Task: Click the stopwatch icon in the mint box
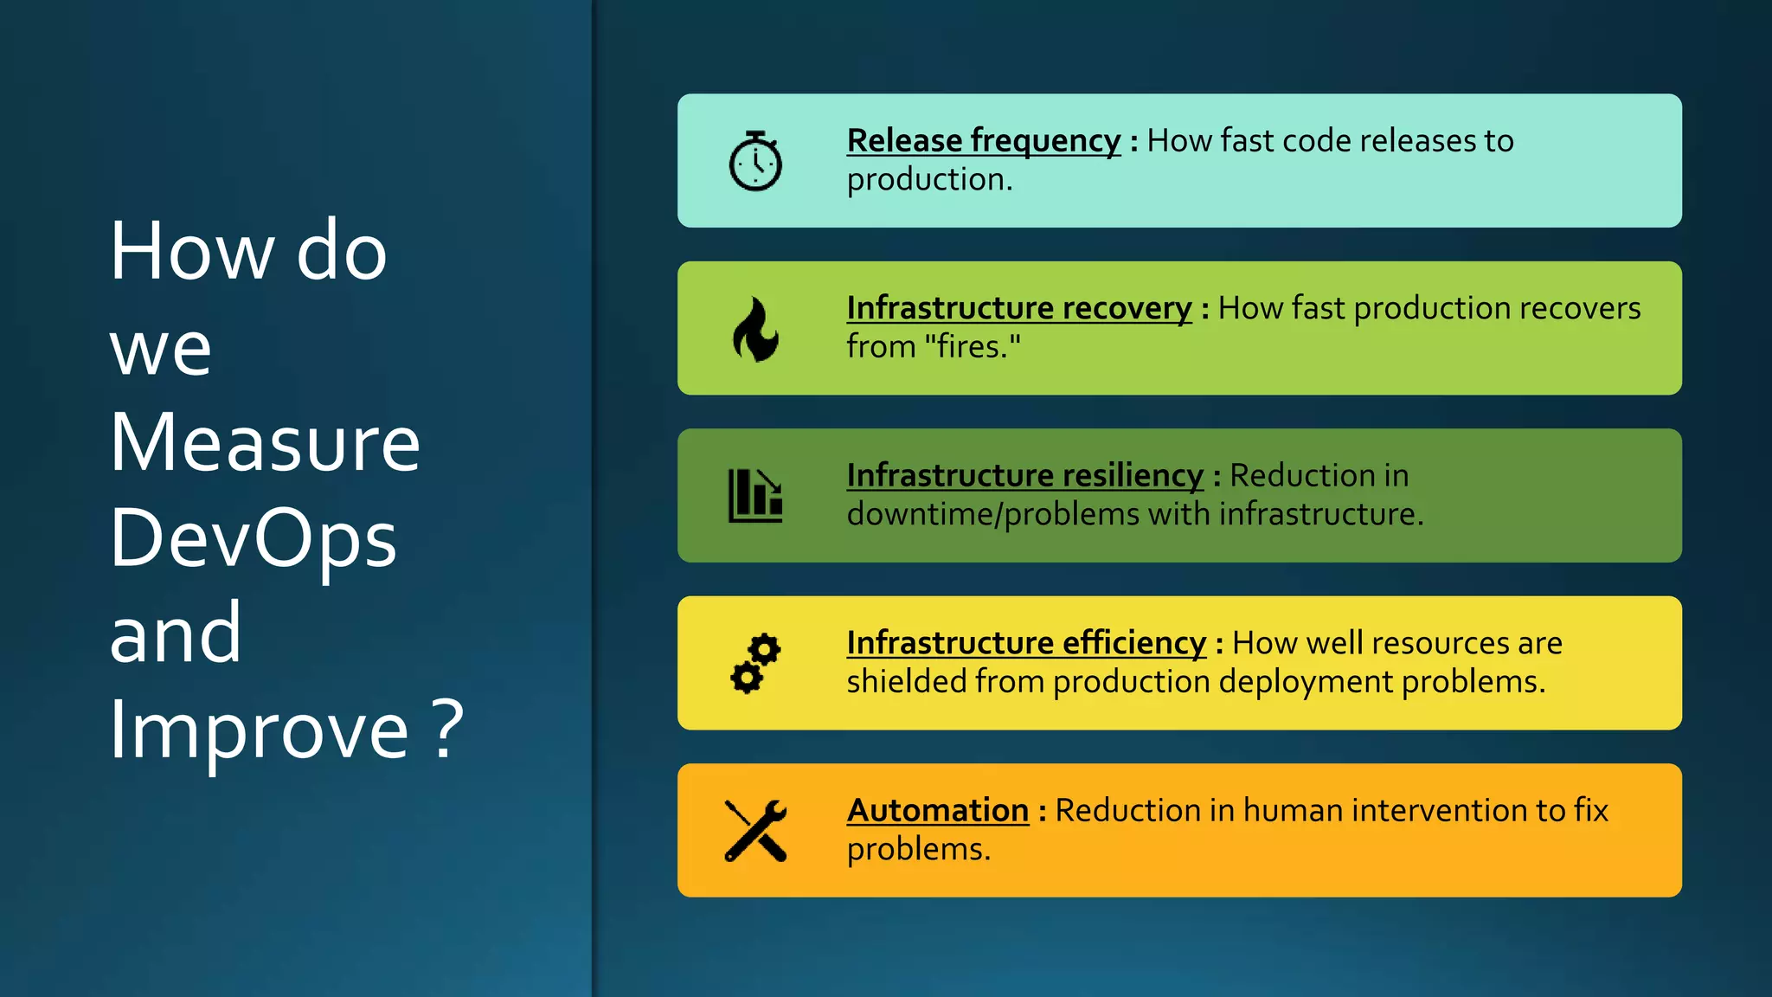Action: (755, 162)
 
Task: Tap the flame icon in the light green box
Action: (755, 330)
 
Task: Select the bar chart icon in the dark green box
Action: (755, 496)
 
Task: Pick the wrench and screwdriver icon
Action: (755, 831)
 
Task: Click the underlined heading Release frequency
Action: (984, 141)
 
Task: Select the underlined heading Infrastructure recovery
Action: (1019, 308)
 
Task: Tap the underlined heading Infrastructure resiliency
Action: (1024, 476)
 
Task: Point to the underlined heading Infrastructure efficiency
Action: (1026, 643)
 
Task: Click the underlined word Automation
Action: (938, 811)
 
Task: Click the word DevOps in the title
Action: (253, 538)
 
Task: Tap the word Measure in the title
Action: (265, 443)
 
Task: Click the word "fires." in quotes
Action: (973, 347)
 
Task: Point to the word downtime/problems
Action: (992, 515)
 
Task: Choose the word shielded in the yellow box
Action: (906, 682)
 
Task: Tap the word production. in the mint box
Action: (929, 180)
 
